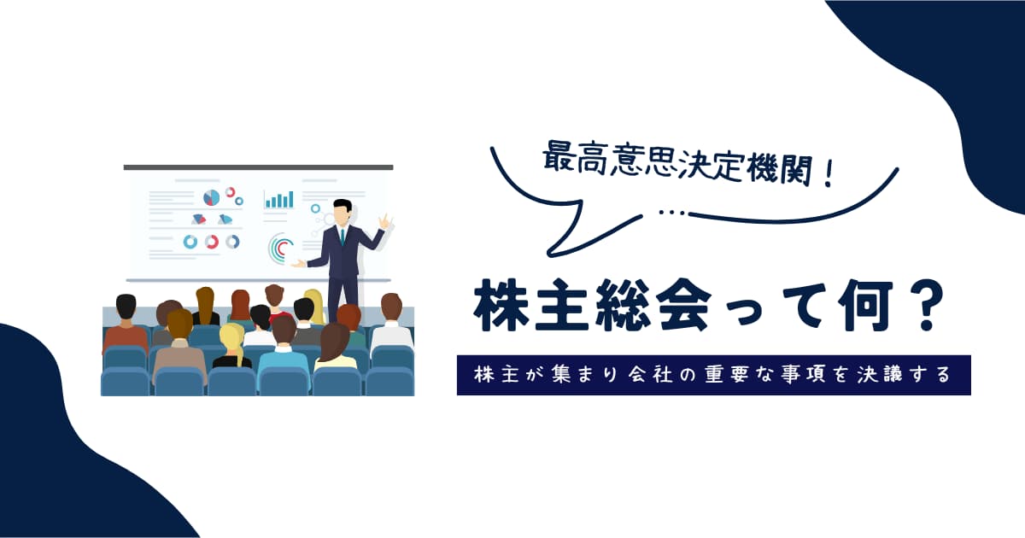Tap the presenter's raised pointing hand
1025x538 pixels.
click(384, 222)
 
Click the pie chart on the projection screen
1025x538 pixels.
click(211, 197)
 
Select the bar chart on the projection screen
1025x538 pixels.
click(278, 200)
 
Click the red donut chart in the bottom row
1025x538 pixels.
click(212, 241)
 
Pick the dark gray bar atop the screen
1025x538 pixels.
click(258, 167)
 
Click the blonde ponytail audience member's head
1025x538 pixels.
click(232, 337)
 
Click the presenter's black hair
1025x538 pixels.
click(343, 205)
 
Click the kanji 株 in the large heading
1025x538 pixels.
click(501, 306)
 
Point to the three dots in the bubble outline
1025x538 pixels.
click(673, 213)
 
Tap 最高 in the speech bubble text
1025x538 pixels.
click(573, 158)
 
